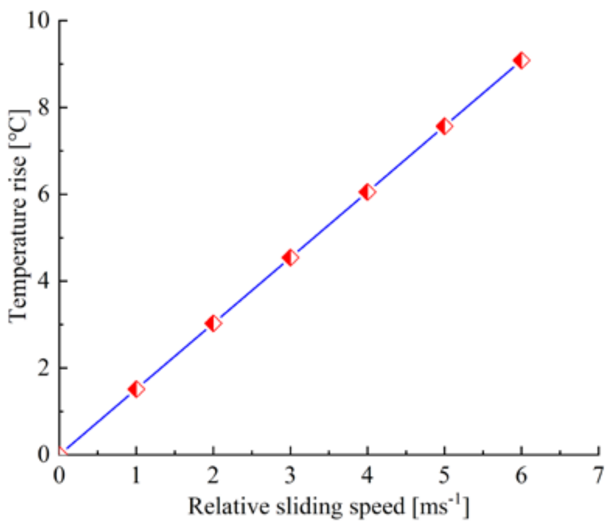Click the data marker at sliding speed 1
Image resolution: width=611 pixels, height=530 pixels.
tap(136, 389)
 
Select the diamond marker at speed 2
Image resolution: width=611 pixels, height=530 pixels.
tap(213, 323)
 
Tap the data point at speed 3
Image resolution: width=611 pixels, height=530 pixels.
tap(290, 258)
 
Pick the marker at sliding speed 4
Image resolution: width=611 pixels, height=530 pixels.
tap(367, 192)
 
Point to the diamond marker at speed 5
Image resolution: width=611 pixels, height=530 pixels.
tap(444, 126)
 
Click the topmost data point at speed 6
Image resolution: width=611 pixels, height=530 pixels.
tap(521, 61)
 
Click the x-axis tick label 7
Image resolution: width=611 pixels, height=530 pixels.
tap(598, 475)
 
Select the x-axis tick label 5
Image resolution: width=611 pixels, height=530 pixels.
tap(444, 475)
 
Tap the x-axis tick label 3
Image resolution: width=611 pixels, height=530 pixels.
tap(290, 475)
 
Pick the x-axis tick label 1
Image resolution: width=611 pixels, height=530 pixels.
tap(136, 475)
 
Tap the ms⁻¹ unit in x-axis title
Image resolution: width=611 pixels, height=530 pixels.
tap(441, 506)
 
